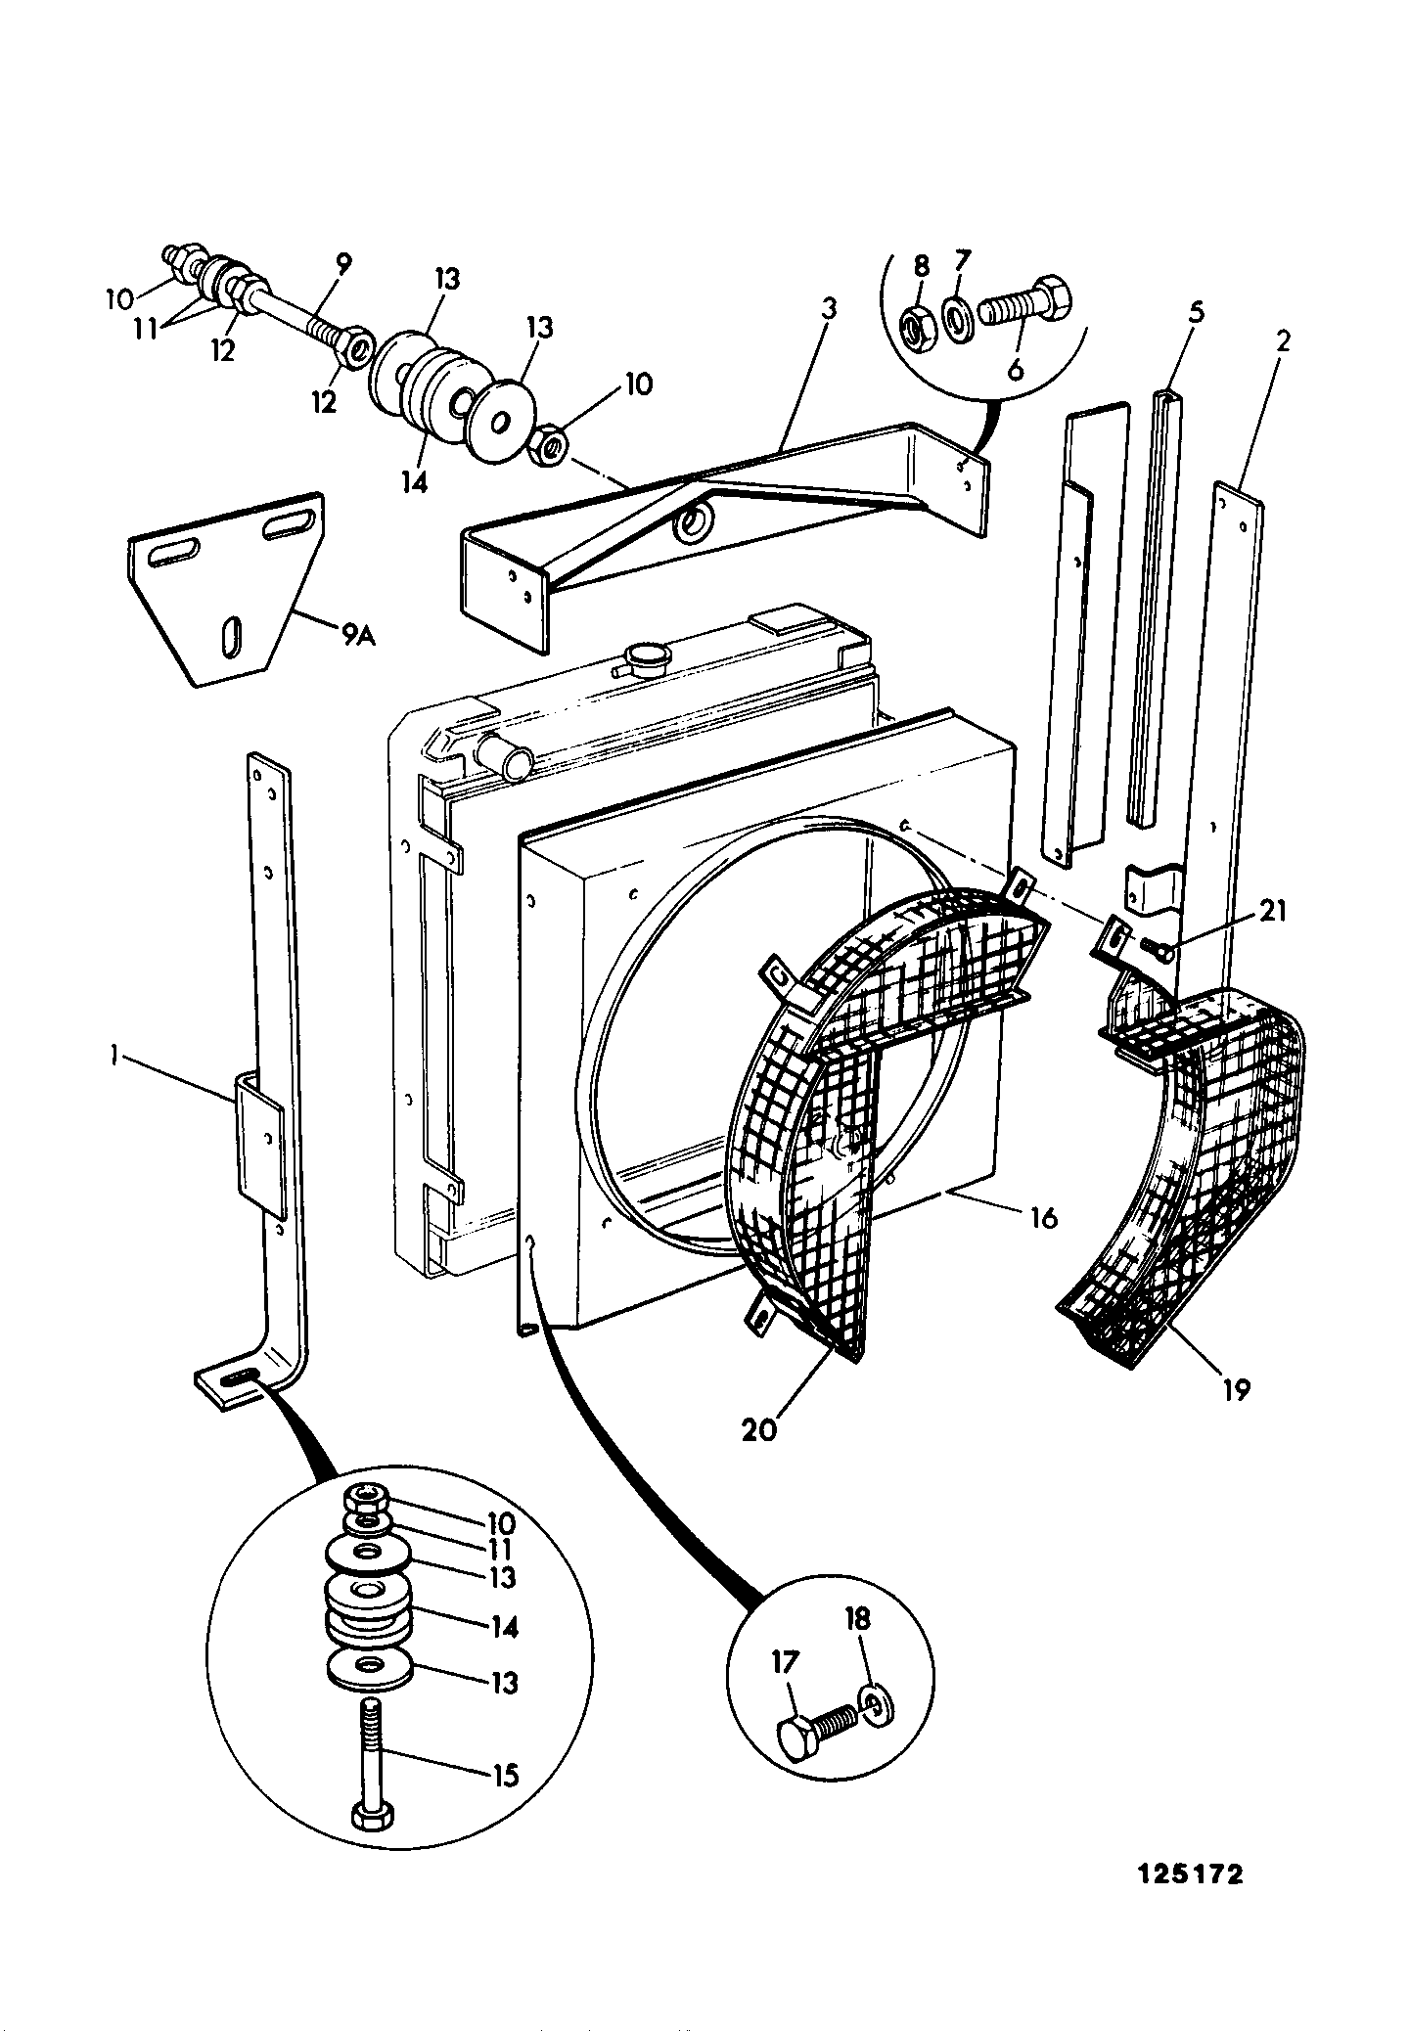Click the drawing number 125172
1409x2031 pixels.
(1190, 1874)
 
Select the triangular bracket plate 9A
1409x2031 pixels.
(227, 589)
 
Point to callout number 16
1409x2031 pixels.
(1043, 1218)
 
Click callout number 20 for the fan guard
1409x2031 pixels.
(759, 1429)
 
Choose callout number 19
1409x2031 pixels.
(1236, 1389)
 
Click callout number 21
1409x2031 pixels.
(1271, 911)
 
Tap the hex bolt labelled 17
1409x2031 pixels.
(819, 1735)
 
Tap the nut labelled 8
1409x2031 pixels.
(919, 332)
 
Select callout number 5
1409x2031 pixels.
(1196, 312)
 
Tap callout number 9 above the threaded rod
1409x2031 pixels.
(343, 262)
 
